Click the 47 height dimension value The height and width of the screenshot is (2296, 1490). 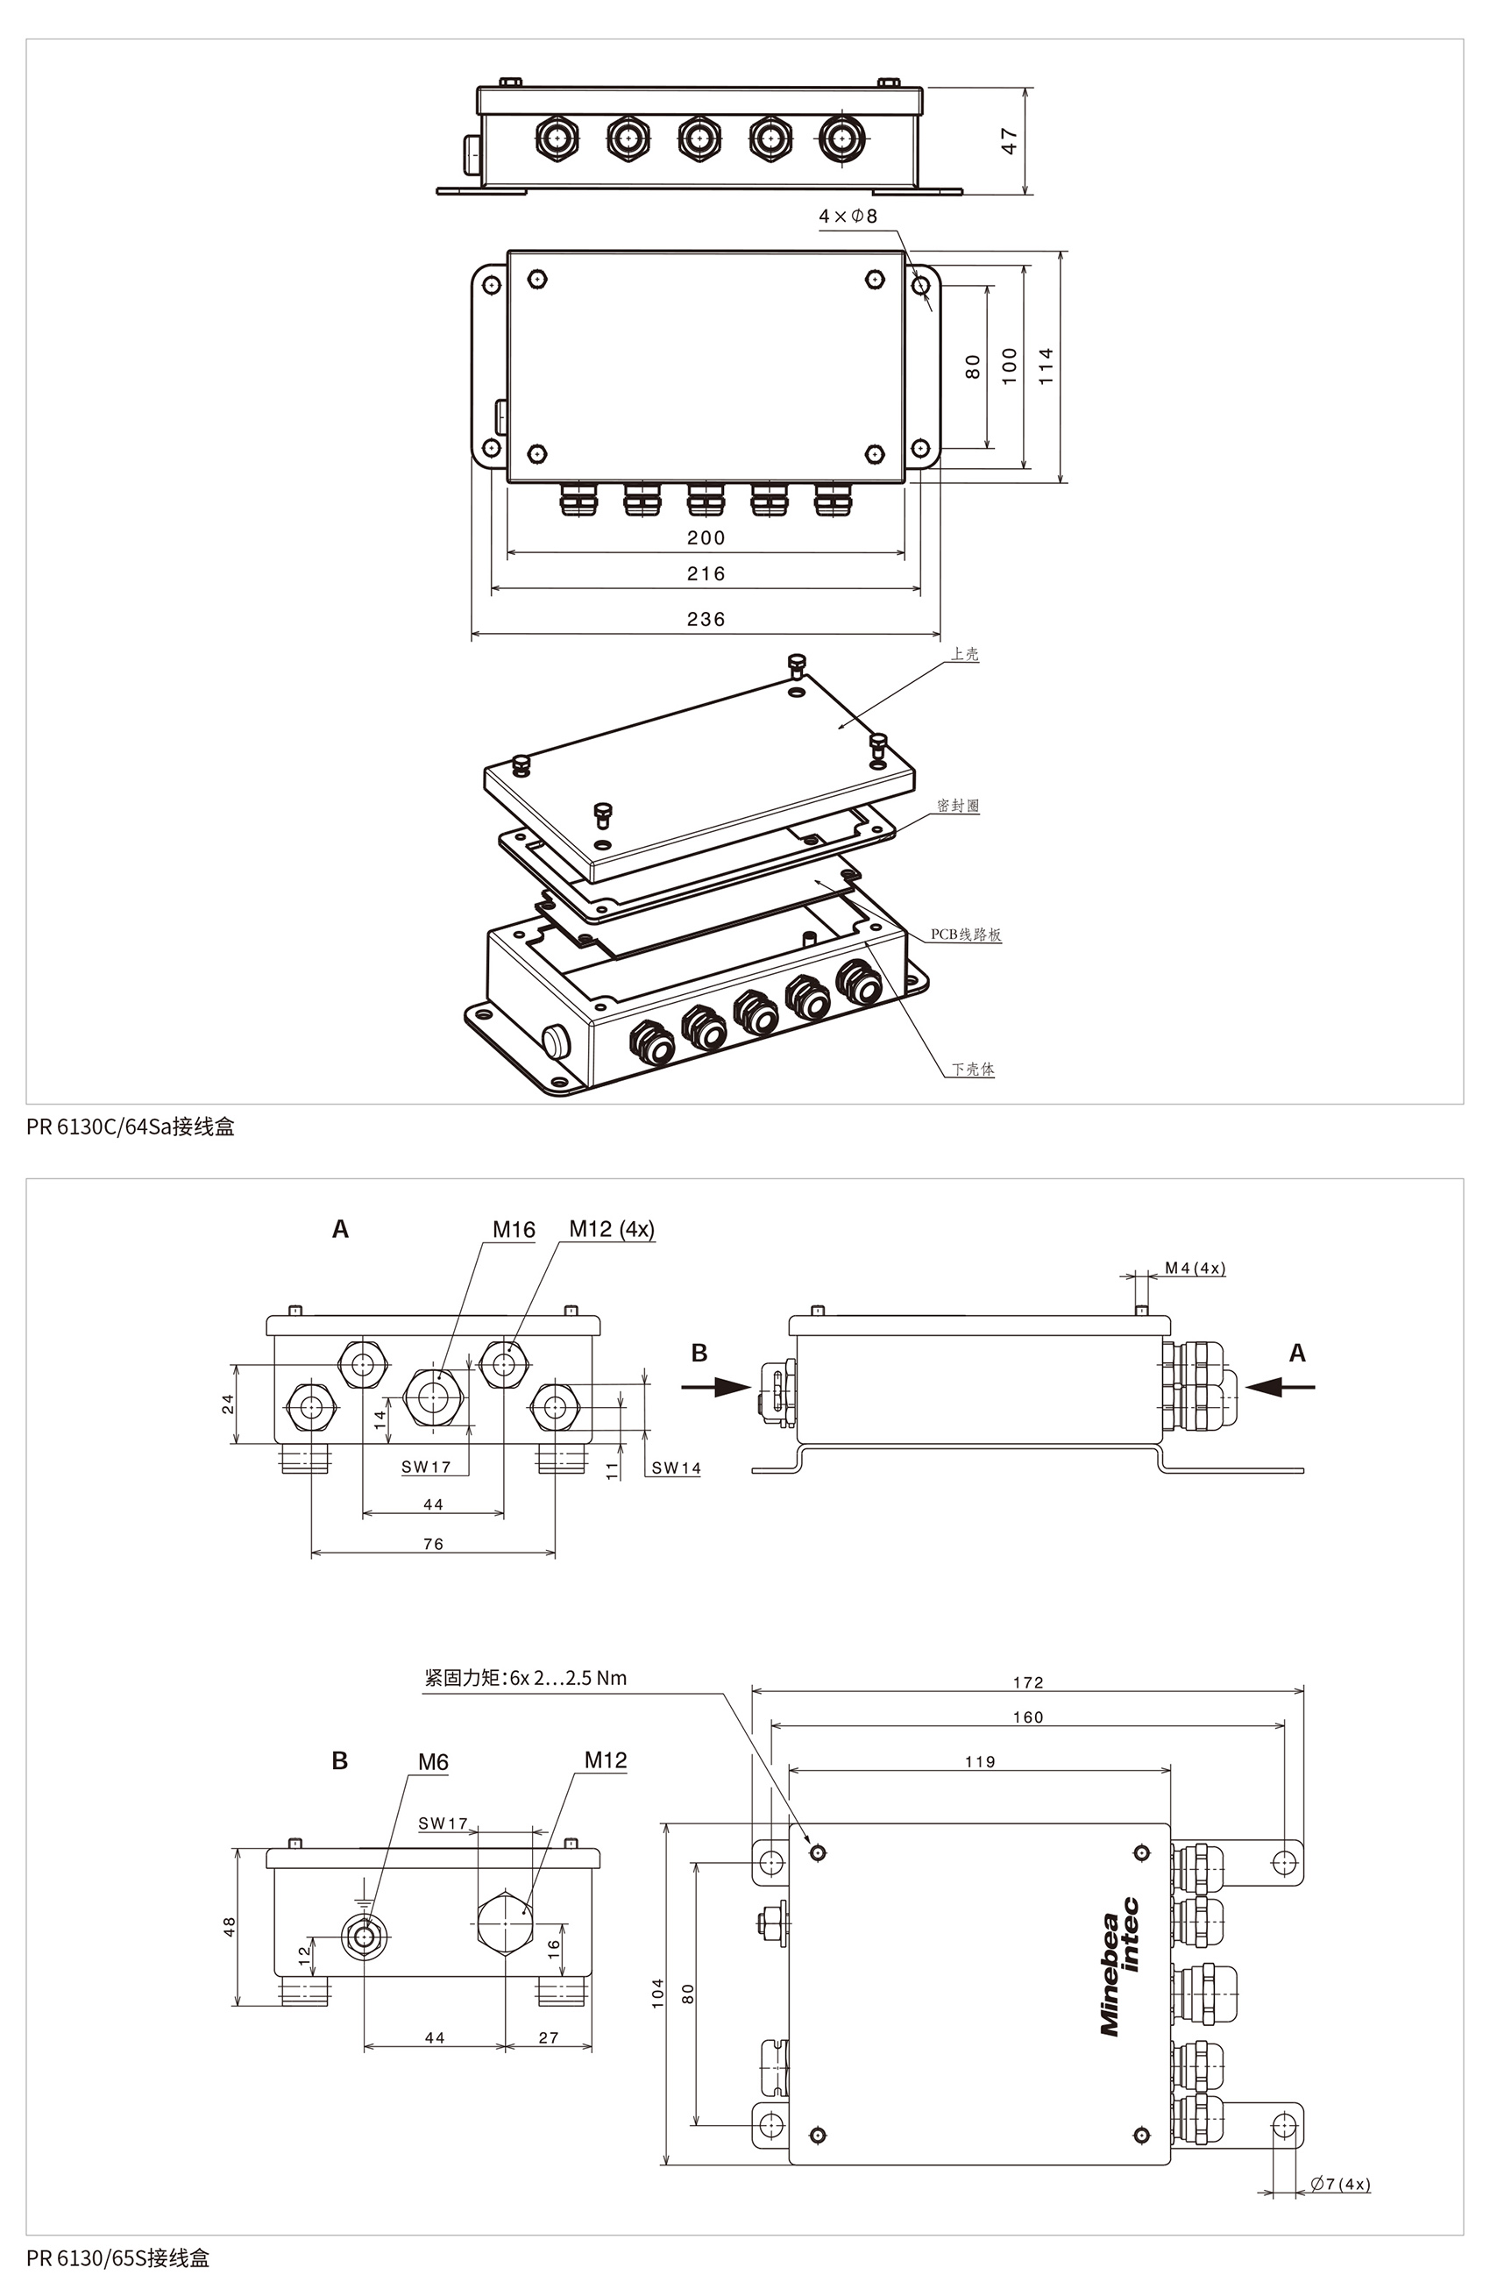click(x=1010, y=142)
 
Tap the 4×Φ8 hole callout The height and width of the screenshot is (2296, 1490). click(x=848, y=216)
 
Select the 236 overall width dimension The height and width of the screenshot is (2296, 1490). click(x=706, y=619)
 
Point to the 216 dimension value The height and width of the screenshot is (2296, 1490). click(x=706, y=574)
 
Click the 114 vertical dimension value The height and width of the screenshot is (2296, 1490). click(x=1047, y=366)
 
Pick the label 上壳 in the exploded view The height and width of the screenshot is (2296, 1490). click(x=964, y=654)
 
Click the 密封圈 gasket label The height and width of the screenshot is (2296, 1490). click(x=958, y=806)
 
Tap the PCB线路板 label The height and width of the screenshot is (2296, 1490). click(x=965, y=935)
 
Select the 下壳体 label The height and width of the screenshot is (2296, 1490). click(x=972, y=1069)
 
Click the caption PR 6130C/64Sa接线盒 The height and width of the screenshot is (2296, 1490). click(x=131, y=1126)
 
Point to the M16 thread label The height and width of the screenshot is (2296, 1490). click(x=513, y=1229)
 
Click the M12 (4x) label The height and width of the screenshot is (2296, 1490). click(x=612, y=1229)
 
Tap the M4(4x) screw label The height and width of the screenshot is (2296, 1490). click(x=1194, y=1268)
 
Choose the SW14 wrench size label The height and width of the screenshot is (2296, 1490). click(x=675, y=1468)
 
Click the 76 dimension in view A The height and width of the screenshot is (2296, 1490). click(x=433, y=1544)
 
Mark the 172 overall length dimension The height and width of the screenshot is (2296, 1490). click(x=1028, y=1682)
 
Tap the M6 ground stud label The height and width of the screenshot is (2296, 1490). click(x=433, y=1762)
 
